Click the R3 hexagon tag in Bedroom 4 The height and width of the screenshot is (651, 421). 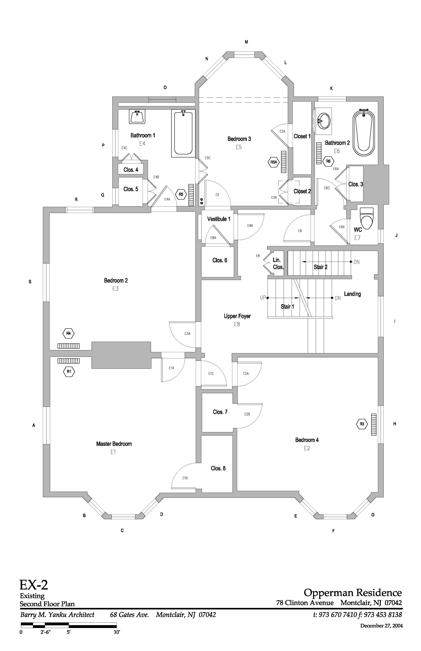pyautogui.click(x=362, y=424)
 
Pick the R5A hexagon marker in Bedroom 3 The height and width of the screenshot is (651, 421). pyautogui.click(x=274, y=162)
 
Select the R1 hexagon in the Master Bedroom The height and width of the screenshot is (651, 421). pyautogui.click(x=69, y=371)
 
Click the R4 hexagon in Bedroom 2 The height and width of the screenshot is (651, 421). pyautogui.click(x=68, y=333)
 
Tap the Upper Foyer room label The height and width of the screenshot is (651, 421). pyautogui.click(x=237, y=316)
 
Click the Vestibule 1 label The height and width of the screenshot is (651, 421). pyautogui.click(x=219, y=219)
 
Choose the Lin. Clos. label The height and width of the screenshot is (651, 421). pyautogui.click(x=278, y=263)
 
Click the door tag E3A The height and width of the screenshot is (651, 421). pyautogui.click(x=187, y=334)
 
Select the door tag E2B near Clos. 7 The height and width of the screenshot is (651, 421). pyautogui.click(x=247, y=414)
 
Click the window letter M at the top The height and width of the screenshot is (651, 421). pyautogui.click(x=246, y=42)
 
